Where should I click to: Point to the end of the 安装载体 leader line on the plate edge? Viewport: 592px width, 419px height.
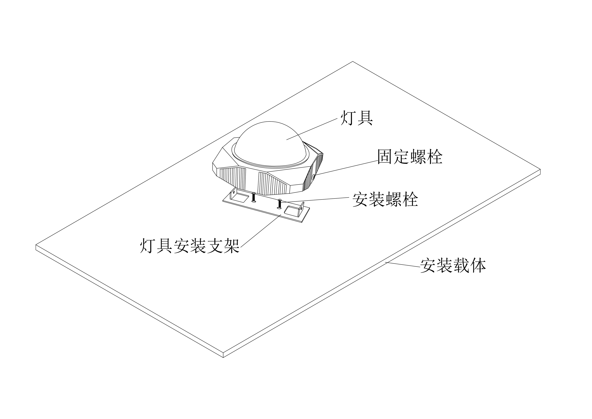pyautogui.click(x=385, y=262)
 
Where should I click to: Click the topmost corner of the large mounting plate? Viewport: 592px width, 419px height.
pyautogui.click(x=353, y=61)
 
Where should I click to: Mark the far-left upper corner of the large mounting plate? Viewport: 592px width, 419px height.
pyautogui.click(x=36, y=245)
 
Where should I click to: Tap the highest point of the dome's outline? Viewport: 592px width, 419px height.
pyautogui.click(x=270, y=121)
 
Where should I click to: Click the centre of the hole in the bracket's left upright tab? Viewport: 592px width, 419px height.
pyautogui.click(x=234, y=192)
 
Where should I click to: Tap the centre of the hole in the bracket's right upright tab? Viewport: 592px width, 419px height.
pyautogui.click(x=301, y=208)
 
